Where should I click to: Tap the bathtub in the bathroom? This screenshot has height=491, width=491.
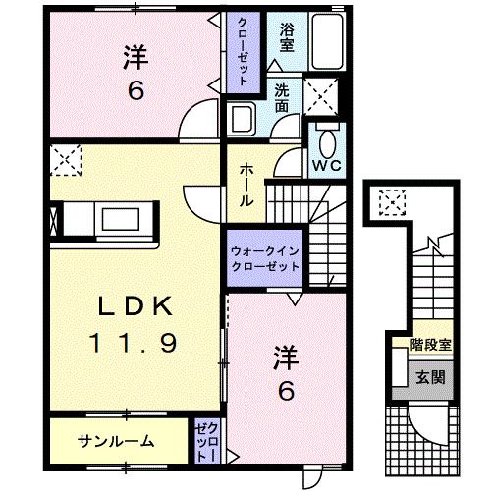323,40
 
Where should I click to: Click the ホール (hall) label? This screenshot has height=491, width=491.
246,185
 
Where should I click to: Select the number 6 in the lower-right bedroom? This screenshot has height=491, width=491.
286,390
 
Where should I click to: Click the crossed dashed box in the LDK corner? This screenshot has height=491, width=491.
66,158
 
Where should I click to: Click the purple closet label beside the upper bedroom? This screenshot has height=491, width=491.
241,51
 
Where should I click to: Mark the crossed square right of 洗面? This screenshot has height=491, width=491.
322,96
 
